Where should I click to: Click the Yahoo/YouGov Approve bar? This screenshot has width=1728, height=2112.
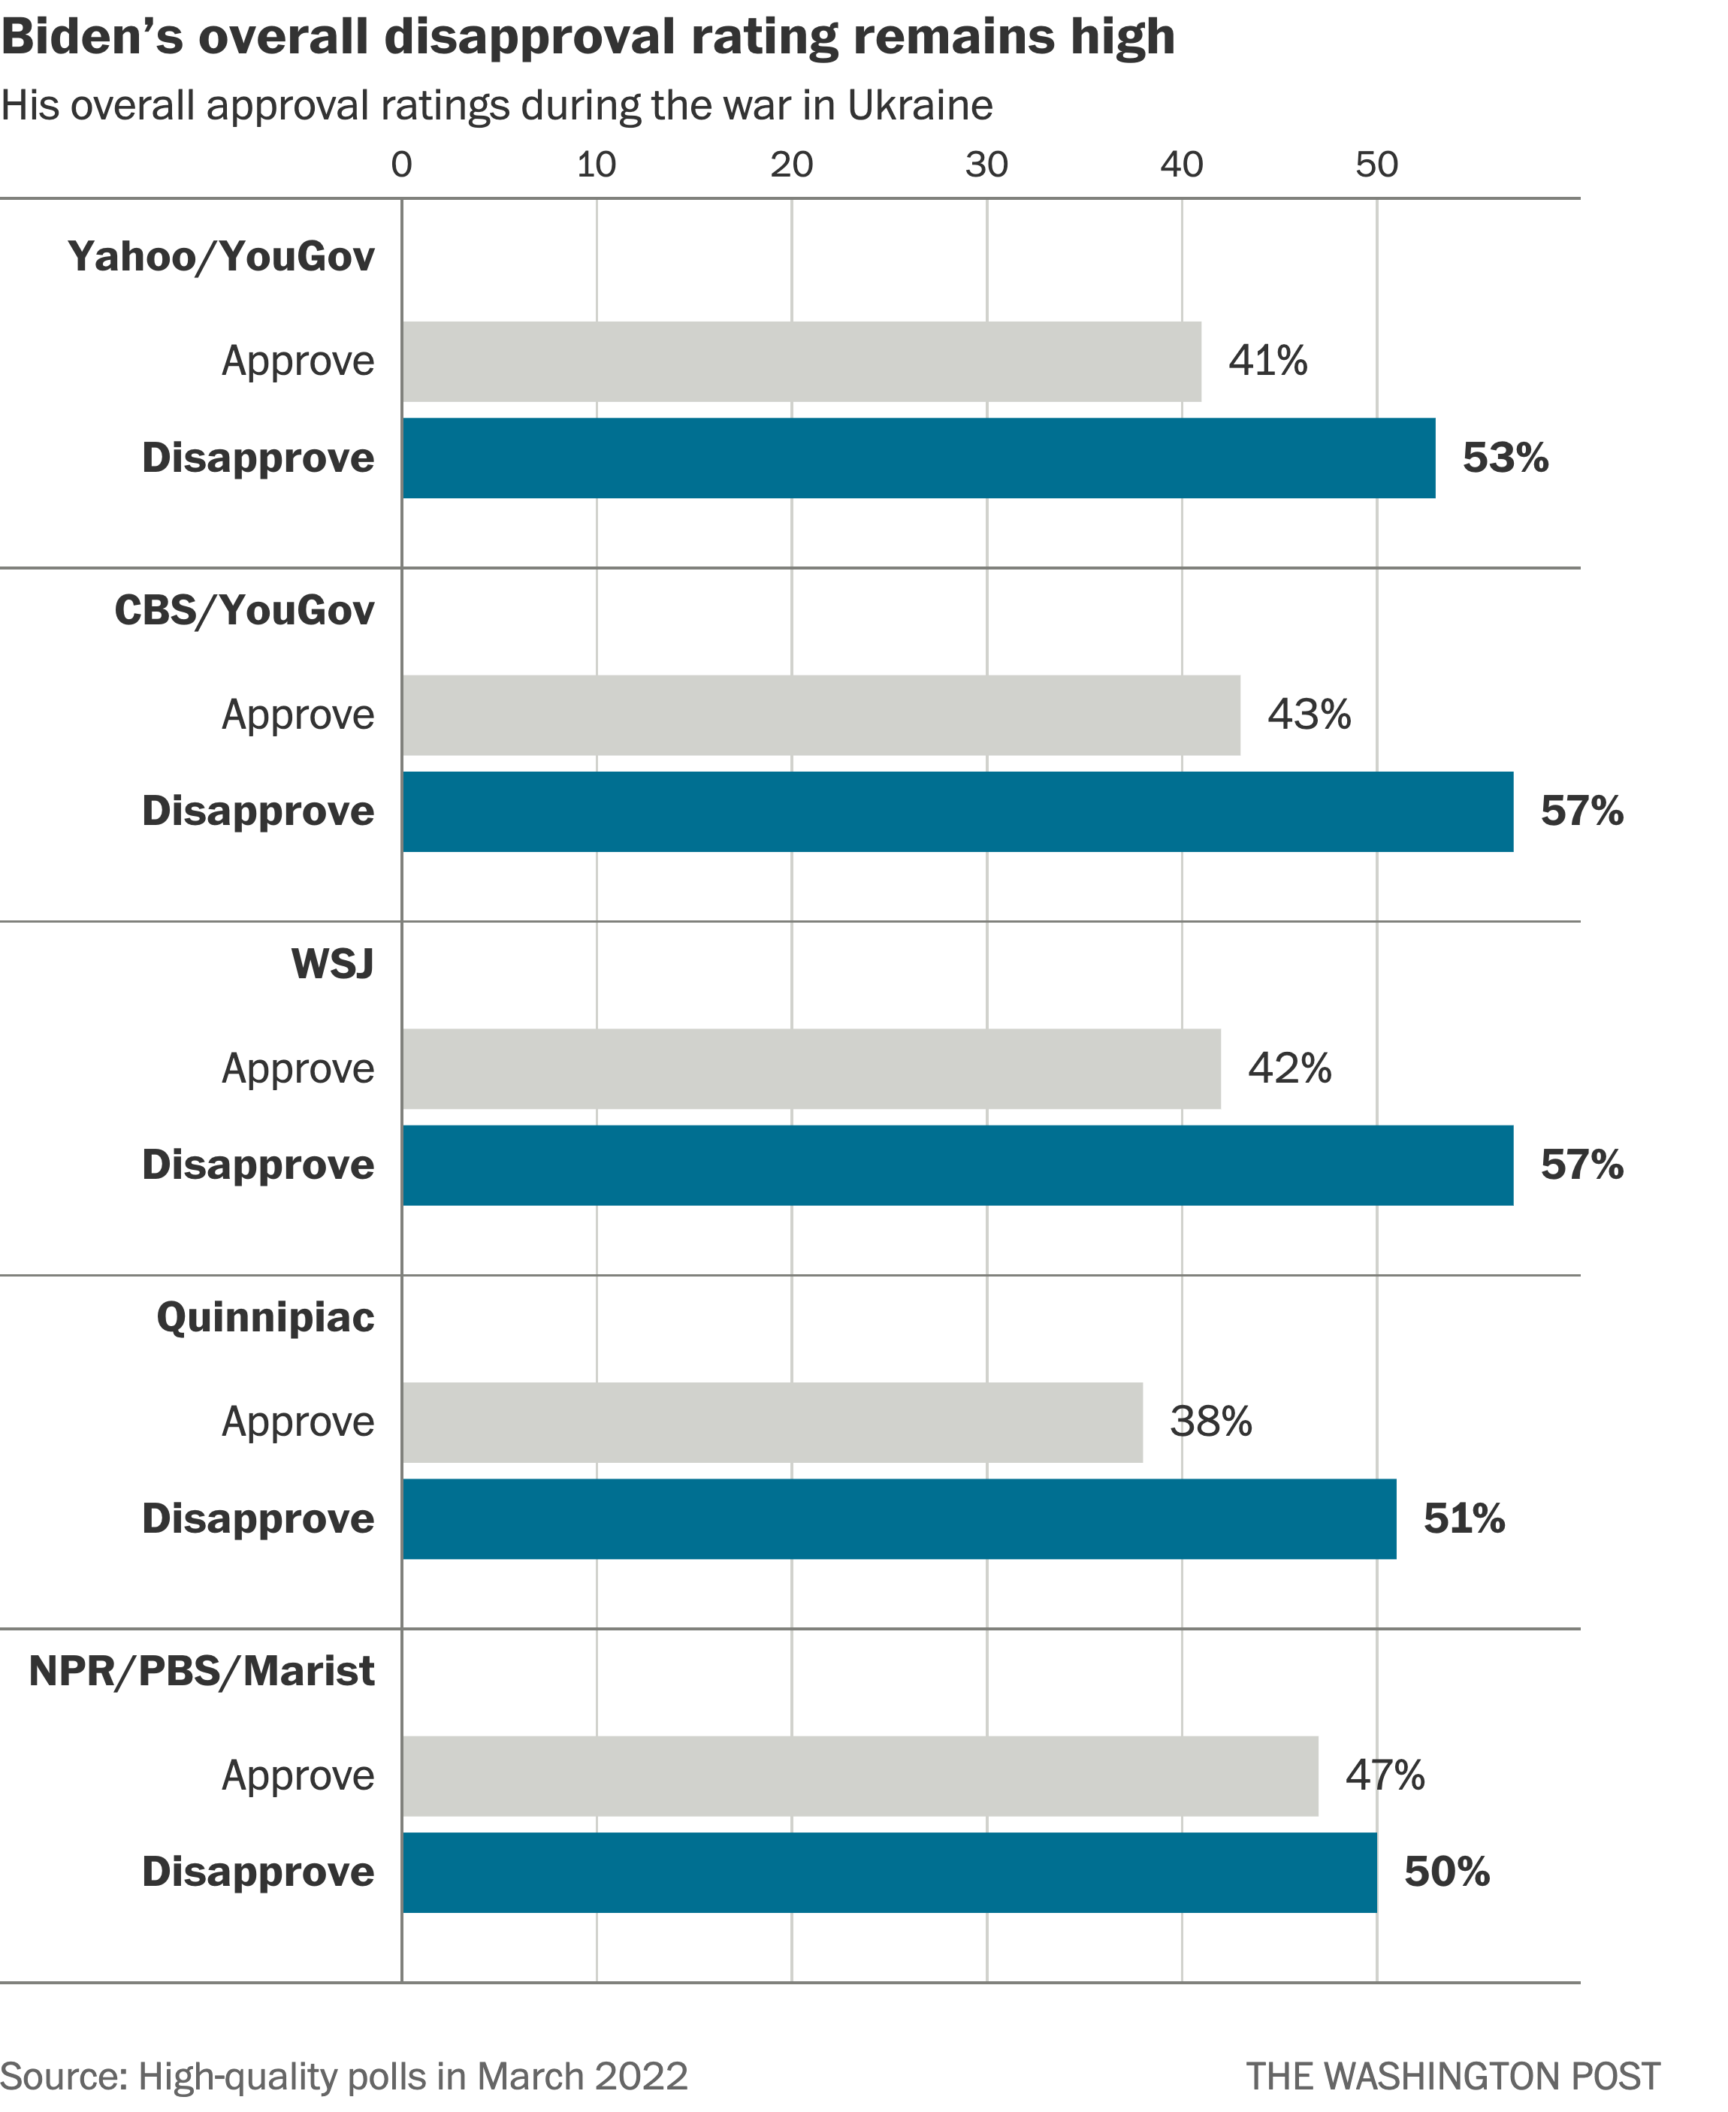coord(802,361)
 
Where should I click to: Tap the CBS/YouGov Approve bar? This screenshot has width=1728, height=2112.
coord(821,715)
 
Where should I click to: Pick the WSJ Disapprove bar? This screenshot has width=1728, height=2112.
coord(958,1165)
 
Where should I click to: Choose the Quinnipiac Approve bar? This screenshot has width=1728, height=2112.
coord(772,1422)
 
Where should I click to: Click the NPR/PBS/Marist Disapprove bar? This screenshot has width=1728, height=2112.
coord(889,1872)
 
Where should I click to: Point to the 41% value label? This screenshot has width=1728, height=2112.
coord(1267,361)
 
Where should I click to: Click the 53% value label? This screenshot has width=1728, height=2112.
coord(1505,458)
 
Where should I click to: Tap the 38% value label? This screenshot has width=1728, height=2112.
coord(1210,1422)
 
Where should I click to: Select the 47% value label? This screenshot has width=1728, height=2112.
coord(1385,1775)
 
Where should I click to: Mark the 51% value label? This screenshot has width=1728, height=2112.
coord(1464,1518)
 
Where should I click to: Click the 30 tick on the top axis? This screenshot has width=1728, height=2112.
coord(986,165)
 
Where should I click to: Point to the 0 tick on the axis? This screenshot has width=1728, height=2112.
coord(401,165)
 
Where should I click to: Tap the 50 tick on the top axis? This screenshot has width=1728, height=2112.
coord(1376,165)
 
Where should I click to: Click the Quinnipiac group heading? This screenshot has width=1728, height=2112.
coord(266,1318)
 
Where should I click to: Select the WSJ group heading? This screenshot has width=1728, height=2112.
coord(333,963)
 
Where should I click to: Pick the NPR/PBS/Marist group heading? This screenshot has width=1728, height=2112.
coord(202,1671)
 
